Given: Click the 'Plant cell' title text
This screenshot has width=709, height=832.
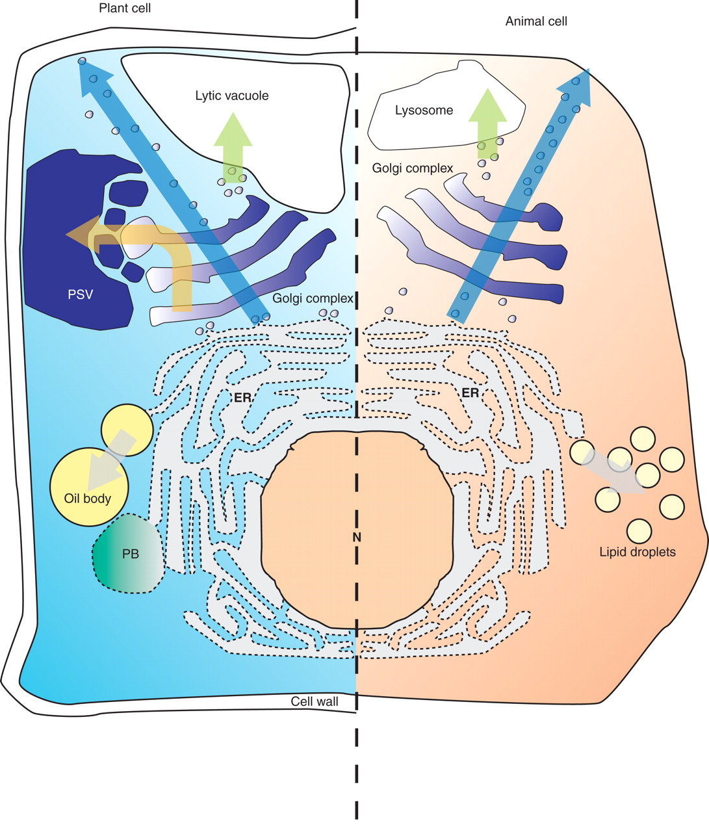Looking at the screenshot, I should [125, 8].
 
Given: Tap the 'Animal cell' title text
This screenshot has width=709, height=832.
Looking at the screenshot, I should [536, 21].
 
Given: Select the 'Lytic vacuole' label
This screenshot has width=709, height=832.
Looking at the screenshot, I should [232, 96].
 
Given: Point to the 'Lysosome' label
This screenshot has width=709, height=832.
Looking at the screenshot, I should [424, 110].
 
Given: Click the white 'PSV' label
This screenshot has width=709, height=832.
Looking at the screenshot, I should [81, 294].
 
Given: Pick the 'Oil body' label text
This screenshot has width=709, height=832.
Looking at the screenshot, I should [88, 499].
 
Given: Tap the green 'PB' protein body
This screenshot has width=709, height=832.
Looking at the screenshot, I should [130, 554].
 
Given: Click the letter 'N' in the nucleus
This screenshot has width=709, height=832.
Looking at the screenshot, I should [356, 537].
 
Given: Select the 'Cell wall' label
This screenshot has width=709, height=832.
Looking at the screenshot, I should [315, 701].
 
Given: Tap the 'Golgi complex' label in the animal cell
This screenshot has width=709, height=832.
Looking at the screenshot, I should [413, 168].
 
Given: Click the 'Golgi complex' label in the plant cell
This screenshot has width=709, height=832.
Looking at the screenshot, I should [313, 298].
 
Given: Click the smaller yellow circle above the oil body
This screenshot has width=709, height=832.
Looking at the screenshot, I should [127, 429].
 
